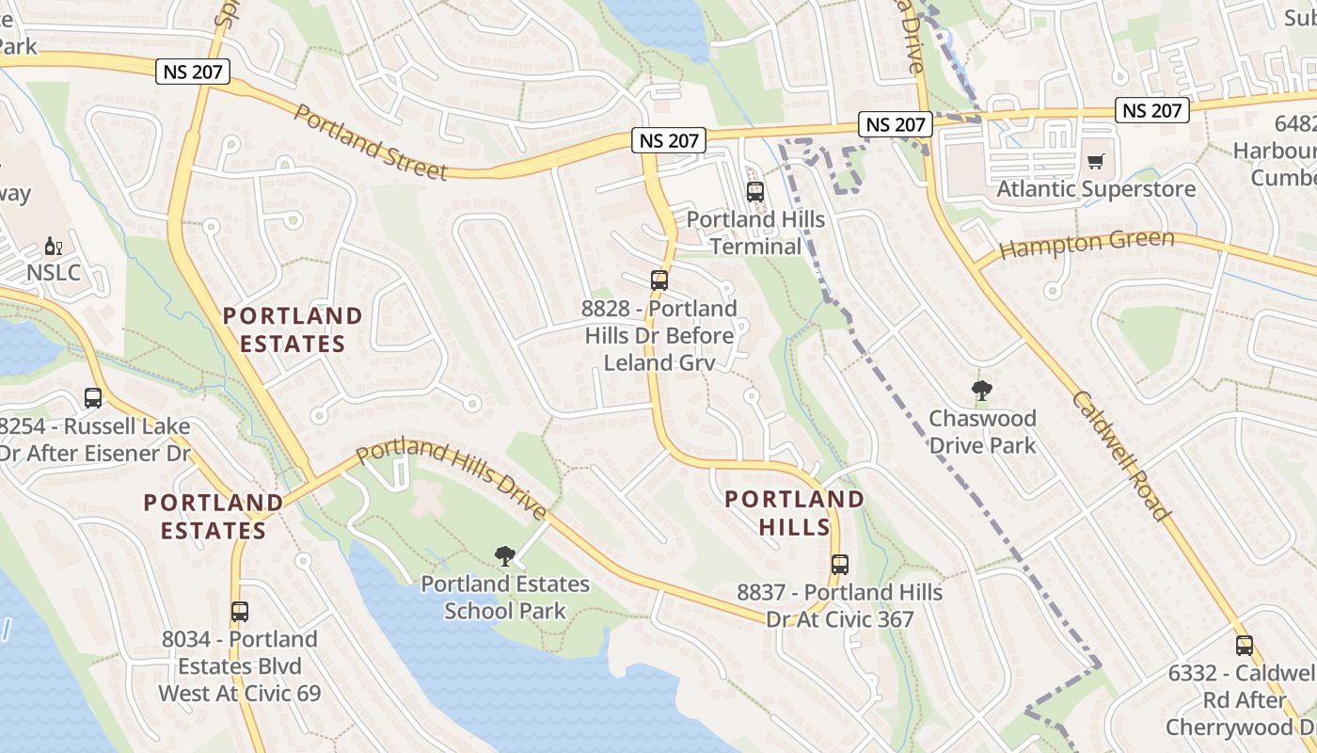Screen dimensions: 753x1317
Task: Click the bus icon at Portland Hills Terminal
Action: pos(755,192)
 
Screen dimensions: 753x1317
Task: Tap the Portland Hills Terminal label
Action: pos(755,232)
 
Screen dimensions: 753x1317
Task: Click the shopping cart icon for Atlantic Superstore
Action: pos(1095,162)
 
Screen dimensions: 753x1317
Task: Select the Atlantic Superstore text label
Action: pos(1096,188)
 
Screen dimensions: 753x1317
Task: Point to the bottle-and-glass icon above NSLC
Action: pos(54,248)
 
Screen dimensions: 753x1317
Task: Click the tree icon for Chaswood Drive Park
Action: pos(982,391)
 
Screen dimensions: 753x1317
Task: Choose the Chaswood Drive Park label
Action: pos(982,431)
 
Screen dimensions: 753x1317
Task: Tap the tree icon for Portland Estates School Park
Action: pos(505,556)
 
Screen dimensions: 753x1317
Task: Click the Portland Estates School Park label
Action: pos(505,598)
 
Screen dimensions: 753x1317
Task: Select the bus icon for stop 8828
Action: pos(659,280)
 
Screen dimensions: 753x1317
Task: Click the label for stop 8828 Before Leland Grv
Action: pos(659,335)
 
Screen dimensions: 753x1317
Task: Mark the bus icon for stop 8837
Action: pos(840,565)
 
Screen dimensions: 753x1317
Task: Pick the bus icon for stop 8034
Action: pos(240,612)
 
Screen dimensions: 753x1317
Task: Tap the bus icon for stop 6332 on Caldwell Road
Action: pos(1245,646)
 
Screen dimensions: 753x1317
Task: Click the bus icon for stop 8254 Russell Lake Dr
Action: pos(93,398)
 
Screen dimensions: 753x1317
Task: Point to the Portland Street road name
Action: pos(371,142)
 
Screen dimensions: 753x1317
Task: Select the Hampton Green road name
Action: pos(1087,245)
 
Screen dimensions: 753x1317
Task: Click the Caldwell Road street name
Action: pos(1120,456)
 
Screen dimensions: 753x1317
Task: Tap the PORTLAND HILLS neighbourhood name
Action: pos(795,512)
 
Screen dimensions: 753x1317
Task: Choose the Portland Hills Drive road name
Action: pos(452,478)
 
